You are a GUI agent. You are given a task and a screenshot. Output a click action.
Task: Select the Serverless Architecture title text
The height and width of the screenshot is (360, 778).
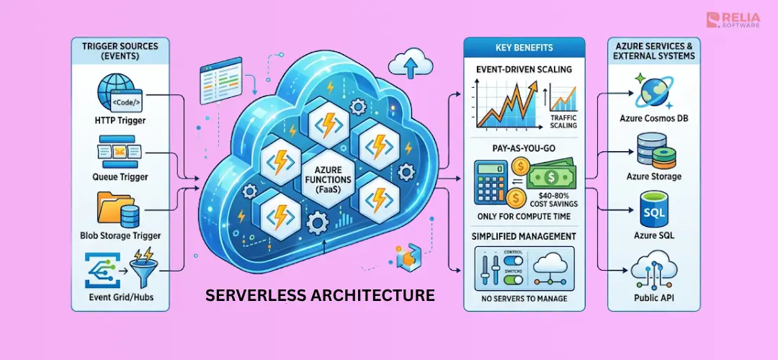[320, 294]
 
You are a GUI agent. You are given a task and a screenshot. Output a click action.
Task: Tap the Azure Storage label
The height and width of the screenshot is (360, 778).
[654, 176]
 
